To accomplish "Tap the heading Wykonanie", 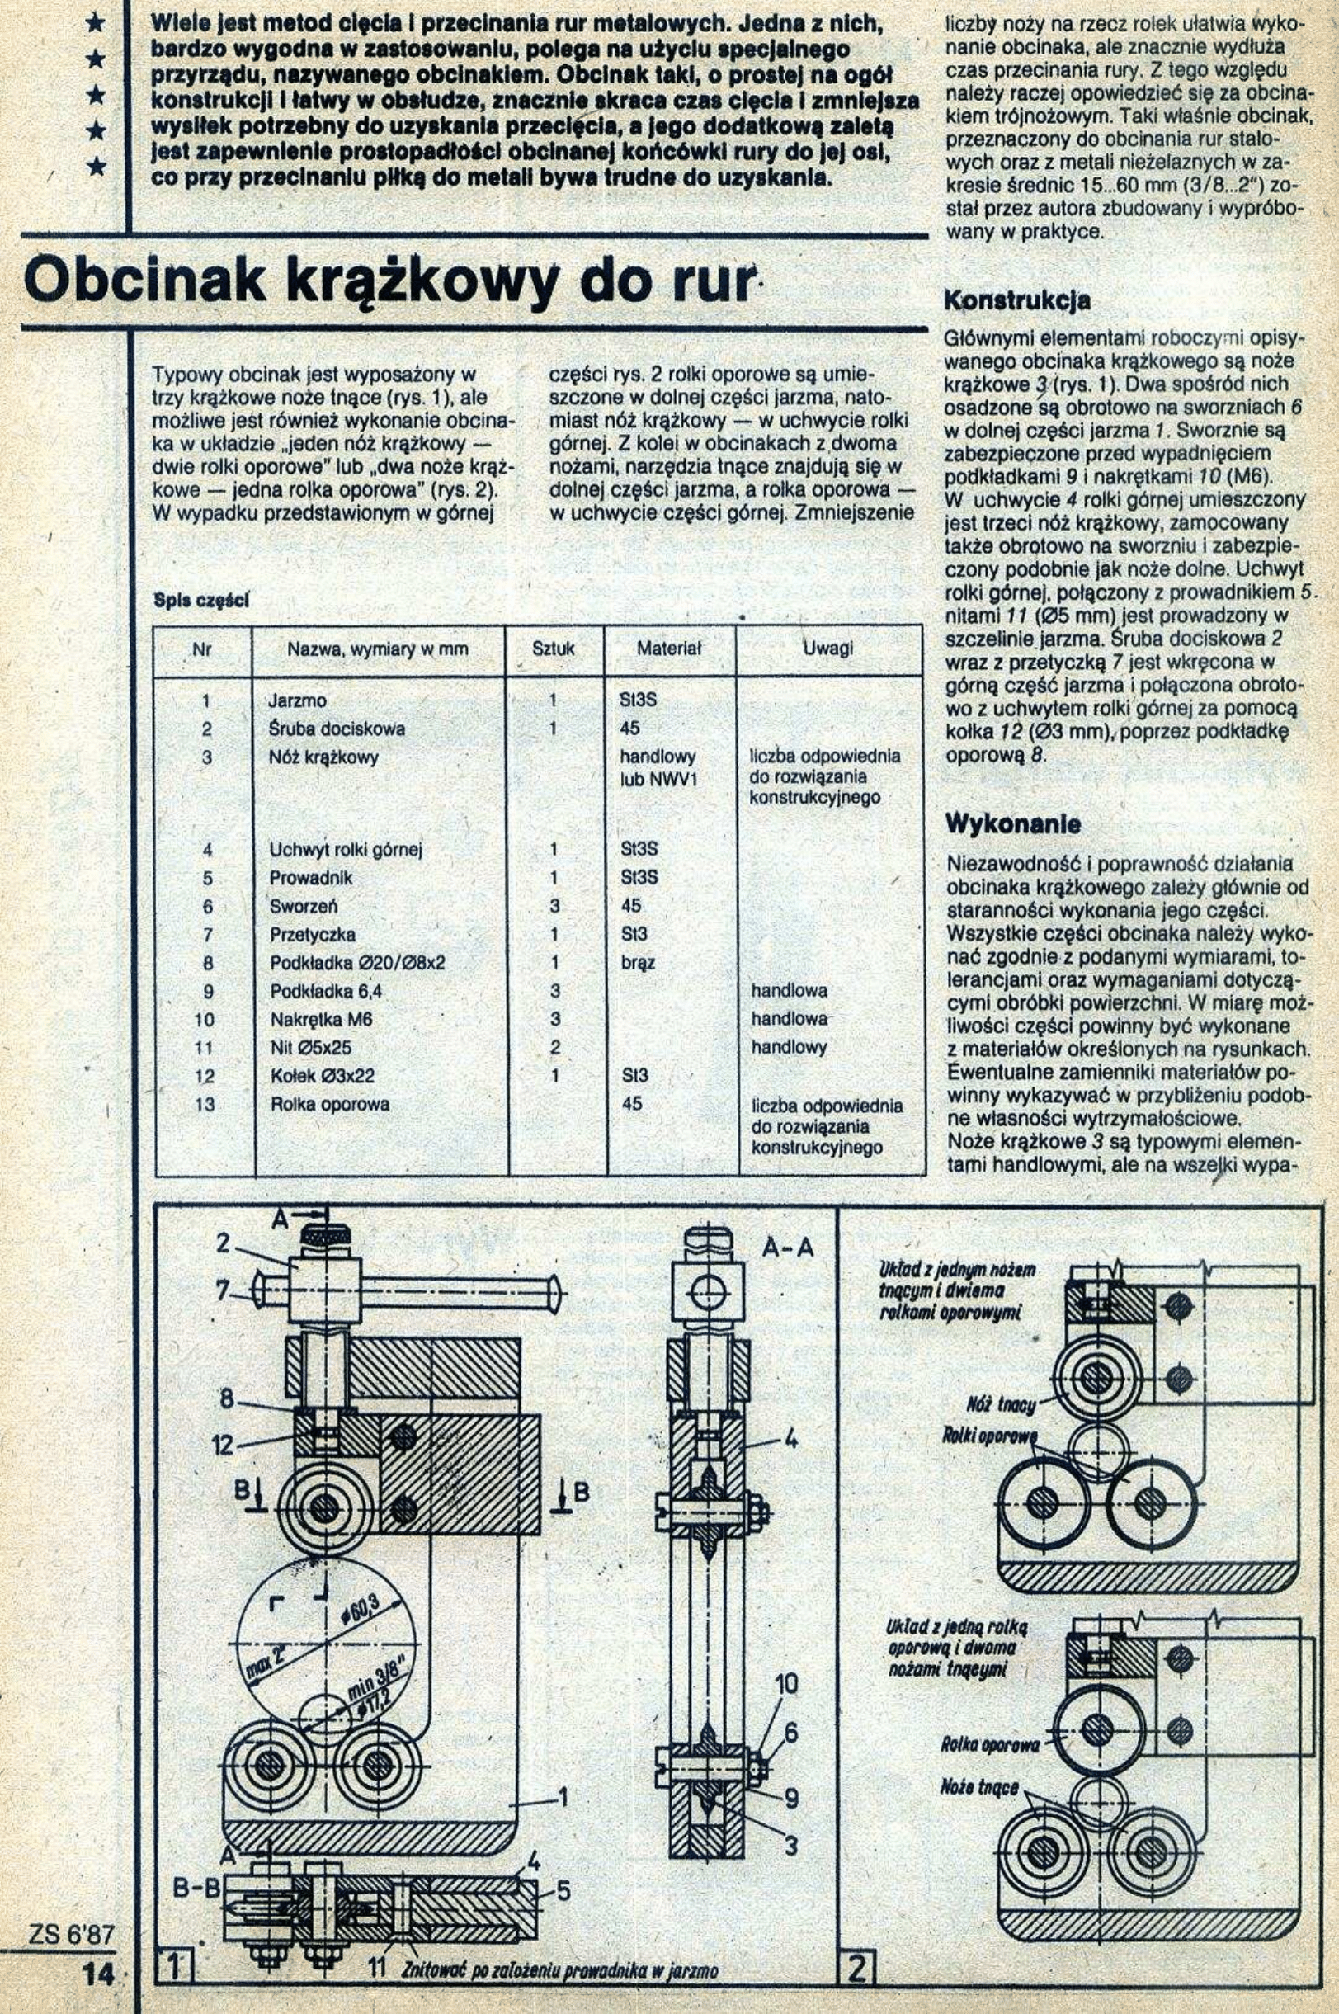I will pos(1012,825).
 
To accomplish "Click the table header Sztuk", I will pos(553,649).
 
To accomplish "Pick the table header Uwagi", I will pos(827,649).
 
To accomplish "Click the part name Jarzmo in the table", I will pos(297,701).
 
